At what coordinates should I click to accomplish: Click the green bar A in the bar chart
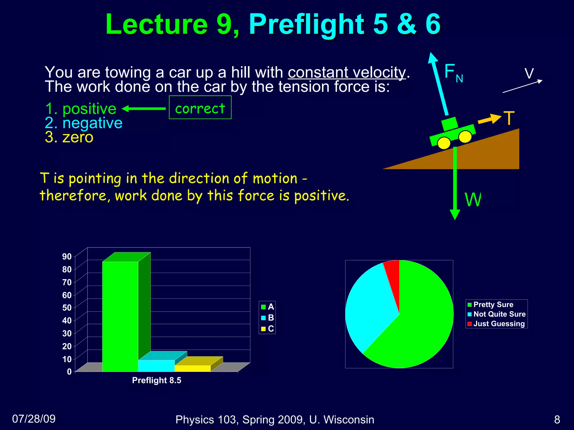click(120, 316)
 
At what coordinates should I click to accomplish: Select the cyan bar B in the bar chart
click(156, 366)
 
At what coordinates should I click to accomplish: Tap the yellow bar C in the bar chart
click(192, 368)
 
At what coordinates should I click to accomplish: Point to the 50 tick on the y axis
click(67, 308)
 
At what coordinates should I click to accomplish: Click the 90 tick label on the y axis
click(67, 256)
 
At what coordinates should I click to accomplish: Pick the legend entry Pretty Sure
click(490, 305)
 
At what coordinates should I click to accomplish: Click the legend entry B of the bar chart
click(267, 318)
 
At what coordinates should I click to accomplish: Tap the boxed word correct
click(200, 108)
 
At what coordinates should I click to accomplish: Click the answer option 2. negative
click(84, 123)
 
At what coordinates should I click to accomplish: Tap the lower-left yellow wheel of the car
click(444, 143)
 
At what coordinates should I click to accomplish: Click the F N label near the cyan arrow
click(453, 73)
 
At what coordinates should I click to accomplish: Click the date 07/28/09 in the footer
click(34, 419)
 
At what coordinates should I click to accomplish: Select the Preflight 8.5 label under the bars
click(156, 380)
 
